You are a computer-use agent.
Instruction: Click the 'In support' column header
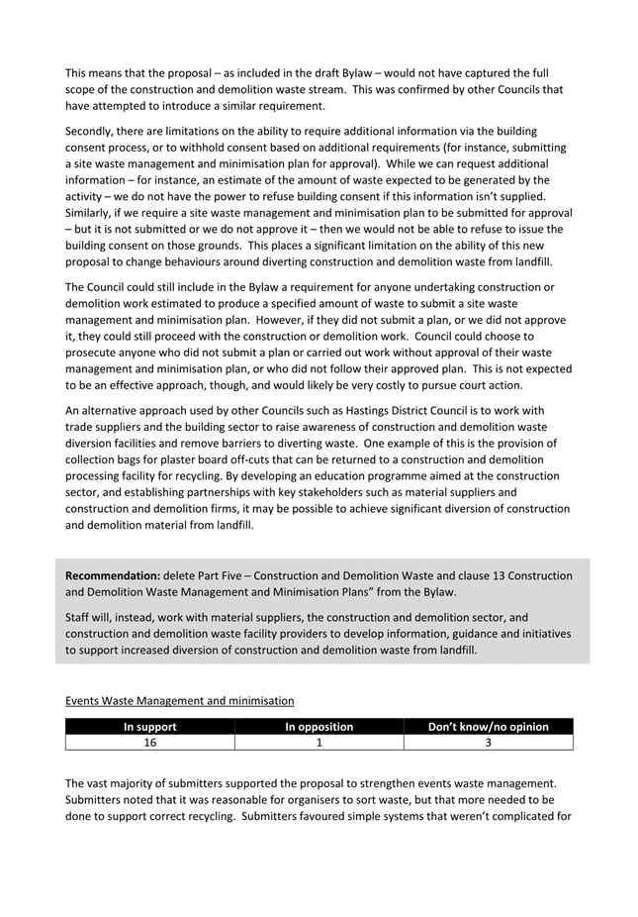149,727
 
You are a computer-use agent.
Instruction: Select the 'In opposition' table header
319,727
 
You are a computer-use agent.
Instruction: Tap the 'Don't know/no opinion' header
488,727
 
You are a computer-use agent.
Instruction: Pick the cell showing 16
149,742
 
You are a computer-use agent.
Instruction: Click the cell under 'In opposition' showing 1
319,742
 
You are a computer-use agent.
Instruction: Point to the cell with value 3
488,742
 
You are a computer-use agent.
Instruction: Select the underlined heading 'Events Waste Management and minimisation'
179,700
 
